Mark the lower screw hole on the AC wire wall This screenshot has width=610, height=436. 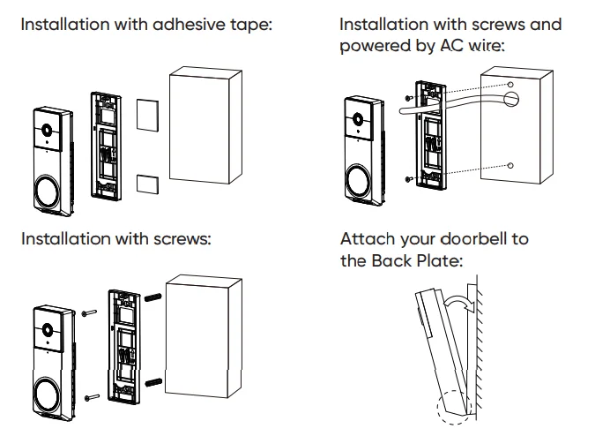[x=511, y=165]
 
